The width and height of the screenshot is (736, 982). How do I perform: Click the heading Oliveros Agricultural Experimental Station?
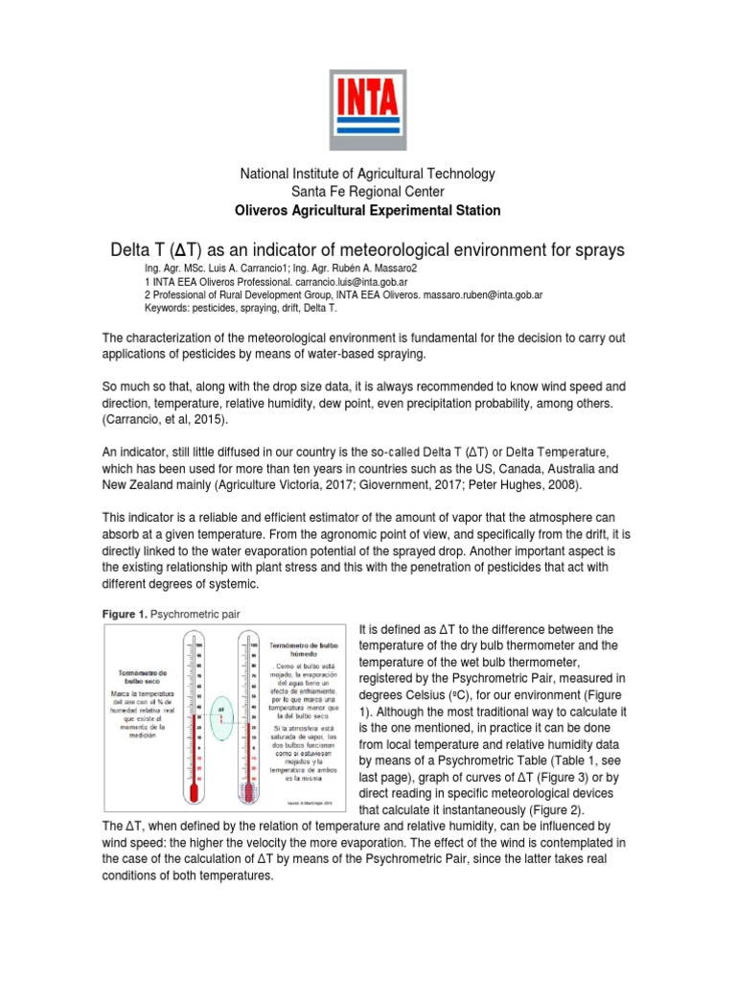(367, 210)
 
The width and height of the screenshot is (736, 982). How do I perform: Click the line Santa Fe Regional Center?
(367, 192)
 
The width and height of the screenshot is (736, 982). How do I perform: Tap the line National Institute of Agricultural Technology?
(367, 174)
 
